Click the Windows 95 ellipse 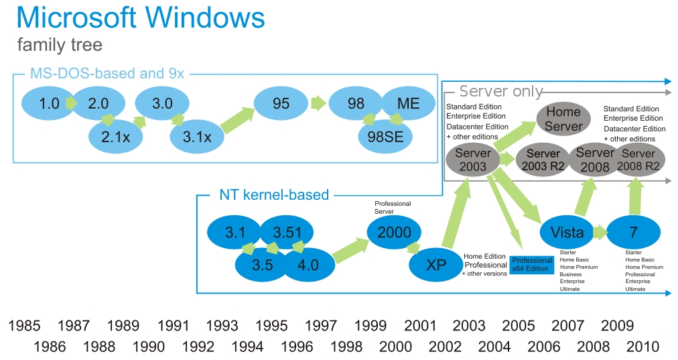coord(281,104)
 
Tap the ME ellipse coord(409,104)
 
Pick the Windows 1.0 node coord(50,104)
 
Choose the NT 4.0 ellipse coord(308,265)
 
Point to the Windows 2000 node coord(394,232)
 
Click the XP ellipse coord(436,265)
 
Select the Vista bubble coord(567,233)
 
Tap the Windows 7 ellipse coord(633,233)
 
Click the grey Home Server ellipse coord(563,118)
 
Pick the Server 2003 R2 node coord(543,159)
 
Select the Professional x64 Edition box coord(533,265)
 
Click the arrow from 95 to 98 coord(318,104)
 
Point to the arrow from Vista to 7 coord(598,233)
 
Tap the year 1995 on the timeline coord(271,326)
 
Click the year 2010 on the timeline coord(642,347)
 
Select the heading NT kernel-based coord(274,195)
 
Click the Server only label coord(500,91)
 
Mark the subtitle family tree coord(60,46)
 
